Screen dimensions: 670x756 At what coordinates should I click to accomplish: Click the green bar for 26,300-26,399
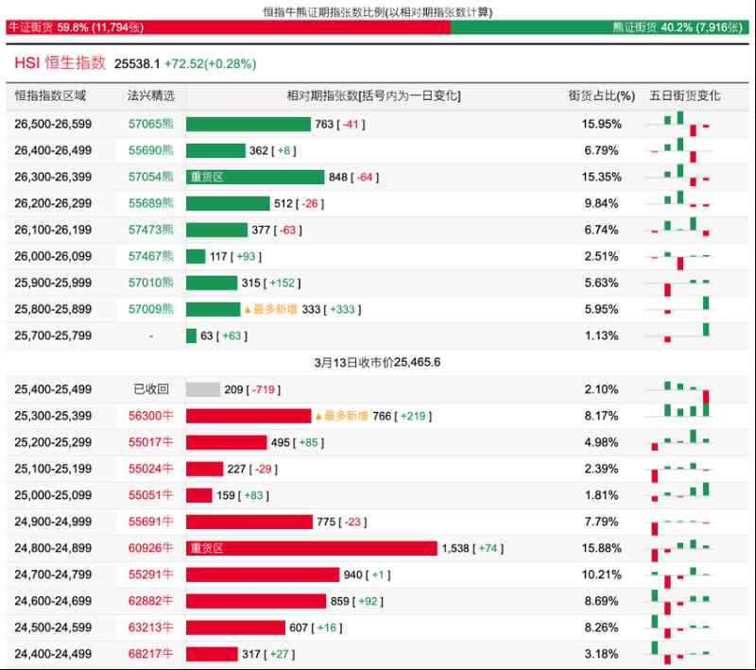click(x=255, y=177)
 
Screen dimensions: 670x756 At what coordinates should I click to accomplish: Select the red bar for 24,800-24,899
click(x=312, y=548)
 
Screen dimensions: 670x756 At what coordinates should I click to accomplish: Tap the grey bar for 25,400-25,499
click(x=203, y=389)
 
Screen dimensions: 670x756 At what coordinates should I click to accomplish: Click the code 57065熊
click(x=151, y=124)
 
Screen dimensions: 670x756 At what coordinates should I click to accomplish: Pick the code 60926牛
click(x=151, y=548)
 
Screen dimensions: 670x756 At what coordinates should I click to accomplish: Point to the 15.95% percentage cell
click(x=601, y=124)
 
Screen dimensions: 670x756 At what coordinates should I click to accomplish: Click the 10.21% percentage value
click(x=601, y=575)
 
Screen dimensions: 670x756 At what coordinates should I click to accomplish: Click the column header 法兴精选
click(x=151, y=96)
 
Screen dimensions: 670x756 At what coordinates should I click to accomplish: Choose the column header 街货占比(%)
click(x=601, y=96)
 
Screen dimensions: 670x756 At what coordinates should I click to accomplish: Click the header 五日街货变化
click(x=684, y=96)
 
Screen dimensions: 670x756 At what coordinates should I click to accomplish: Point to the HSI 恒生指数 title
click(x=60, y=63)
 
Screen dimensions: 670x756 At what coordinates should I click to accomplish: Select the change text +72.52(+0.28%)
click(x=210, y=64)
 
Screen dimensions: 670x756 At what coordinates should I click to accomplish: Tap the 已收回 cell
click(x=151, y=389)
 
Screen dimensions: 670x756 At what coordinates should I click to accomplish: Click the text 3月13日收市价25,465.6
click(x=378, y=362)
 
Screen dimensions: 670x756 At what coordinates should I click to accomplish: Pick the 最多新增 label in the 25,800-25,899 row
click(x=274, y=309)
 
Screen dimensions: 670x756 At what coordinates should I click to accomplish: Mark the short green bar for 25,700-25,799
click(x=192, y=335)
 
